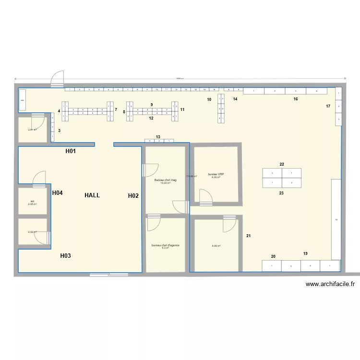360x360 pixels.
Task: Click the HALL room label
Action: [x=92, y=195]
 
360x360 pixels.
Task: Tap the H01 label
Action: [x=71, y=152]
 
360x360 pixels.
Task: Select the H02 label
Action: [x=133, y=195]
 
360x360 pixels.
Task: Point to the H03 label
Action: [x=65, y=256]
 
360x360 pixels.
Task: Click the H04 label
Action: [x=58, y=193]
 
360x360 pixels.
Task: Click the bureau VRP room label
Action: [x=216, y=174]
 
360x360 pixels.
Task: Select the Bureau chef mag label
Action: [x=166, y=180]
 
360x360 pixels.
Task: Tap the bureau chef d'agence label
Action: [x=166, y=245]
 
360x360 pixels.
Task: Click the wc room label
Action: [x=32, y=201]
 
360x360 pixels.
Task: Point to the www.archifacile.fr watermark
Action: [x=330, y=284]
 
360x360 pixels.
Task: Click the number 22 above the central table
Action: [x=282, y=164]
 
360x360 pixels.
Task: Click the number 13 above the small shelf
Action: [x=158, y=137]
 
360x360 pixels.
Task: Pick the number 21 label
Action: [x=249, y=236]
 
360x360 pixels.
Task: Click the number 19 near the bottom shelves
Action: [x=305, y=253]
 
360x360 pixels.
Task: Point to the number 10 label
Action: [x=209, y=99]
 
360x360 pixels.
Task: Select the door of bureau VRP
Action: [x=205, y=197]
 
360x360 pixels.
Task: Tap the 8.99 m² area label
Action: [x=216, y=246]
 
